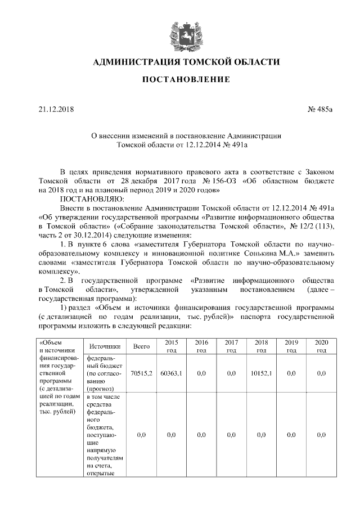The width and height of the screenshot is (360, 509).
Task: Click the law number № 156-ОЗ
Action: click(x=216, y=182)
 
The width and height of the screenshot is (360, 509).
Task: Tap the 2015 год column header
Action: click(x=171, y=346)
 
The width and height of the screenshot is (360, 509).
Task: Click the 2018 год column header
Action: click(x=261, y=346)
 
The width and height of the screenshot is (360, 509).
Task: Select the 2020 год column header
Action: click(x=321, y=346)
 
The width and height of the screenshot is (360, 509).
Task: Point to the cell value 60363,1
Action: click(x=171, y=373)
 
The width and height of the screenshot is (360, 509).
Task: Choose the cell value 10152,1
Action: click(x=261, y=373)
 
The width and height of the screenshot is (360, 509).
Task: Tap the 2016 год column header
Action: click(x=201, y=346)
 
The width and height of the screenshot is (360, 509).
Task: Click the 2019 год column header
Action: click(x=291, y=346)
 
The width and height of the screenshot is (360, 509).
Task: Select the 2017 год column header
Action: click(x=231, y=346)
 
